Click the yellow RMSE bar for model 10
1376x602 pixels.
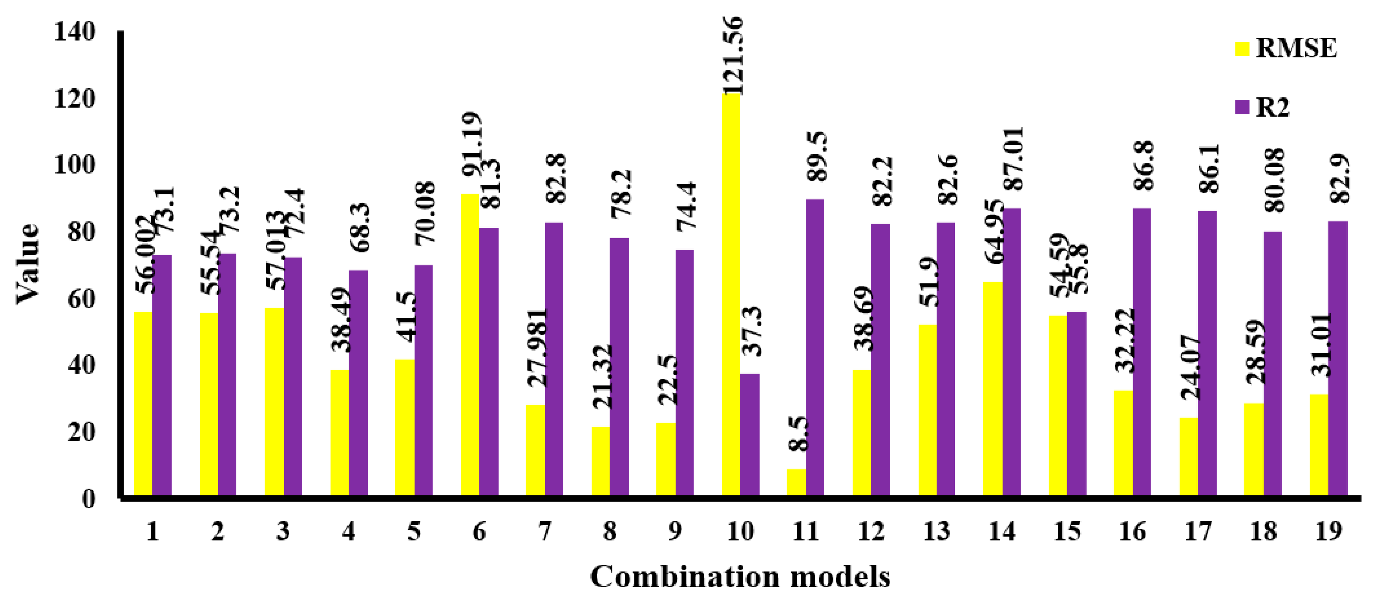731,293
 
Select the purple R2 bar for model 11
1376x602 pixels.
815,347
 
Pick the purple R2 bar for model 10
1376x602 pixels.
750,435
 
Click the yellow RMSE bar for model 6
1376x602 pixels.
470,344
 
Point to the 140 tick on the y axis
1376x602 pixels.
75,32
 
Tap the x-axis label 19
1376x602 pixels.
1329,531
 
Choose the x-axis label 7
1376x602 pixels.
544,531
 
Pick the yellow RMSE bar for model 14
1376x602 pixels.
992,389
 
